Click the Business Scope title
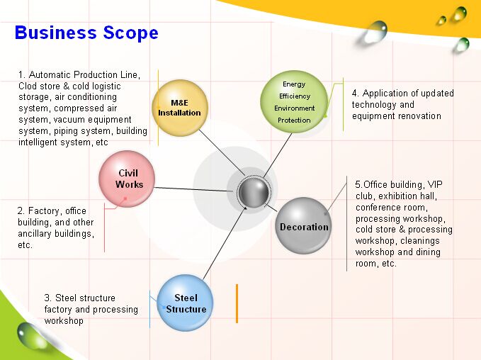coord(86,33)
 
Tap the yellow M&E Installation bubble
coord(179,108)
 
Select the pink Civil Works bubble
coord(127,179)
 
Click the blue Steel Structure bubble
coord(186,303)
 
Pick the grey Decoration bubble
coord(303,226)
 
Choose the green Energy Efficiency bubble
coord(294,102)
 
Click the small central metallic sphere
coord(254,191)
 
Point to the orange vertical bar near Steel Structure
coord(237,303)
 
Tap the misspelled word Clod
coord(29,86)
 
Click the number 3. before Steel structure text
coord(48,298)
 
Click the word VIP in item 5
coord(436,184)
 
